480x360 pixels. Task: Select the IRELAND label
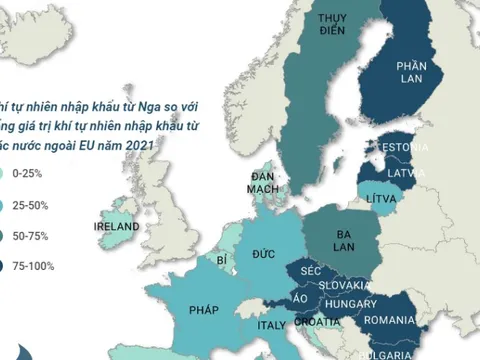click(116, 227)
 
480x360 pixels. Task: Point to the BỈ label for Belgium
click(221, 260)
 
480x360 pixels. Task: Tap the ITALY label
click(272, 325)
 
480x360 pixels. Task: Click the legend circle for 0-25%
click(5, 174)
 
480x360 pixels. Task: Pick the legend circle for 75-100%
click(5, 266)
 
